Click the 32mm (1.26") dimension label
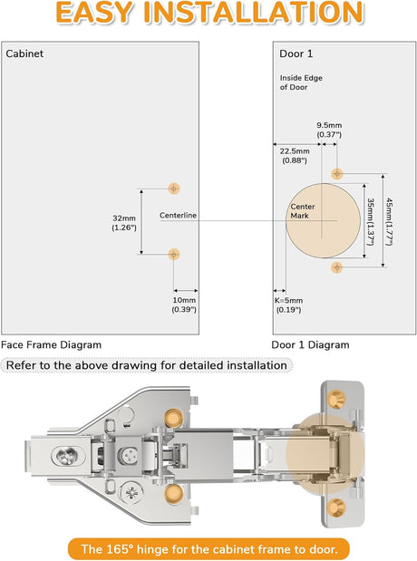pyautogui.click(x=124, y=223)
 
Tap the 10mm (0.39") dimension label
pyautogui.click(x=184, y=305)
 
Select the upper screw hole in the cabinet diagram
pyautogui.click(x=174, y=189)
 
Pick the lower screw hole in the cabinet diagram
pyautogui.click(x=174, y=254)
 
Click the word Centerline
pyautogui.click(x=178, y=216)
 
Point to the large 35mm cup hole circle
pyautogui.click(x=323, y=220)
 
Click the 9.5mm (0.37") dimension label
pyautogui.click(x=329, y=130)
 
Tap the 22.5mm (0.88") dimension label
pyautogui.click(x=295, y=156)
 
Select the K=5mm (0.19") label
pyautogui.click(x=288, y=305)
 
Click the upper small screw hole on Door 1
pyautogui.click(x=337, y=173)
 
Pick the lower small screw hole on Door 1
pyautogui.click(x=337, y=266)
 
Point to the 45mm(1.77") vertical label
pyautogui.click(x=389, y=222)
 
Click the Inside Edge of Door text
pyautogui.click(x=301, y=82)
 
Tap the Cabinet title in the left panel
pyautogui.click(x=24, y=53)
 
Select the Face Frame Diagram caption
pyautogui.click(x=51, y=345)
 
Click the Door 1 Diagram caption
pyautogui.click(x=310, y=345)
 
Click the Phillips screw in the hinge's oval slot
pyautogui.click(x=68, y=456)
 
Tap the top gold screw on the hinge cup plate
pyautogui.click(x=336, y=399)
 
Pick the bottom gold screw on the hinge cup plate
pyautogui.click(x=336, y=507)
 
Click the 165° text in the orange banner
pyautogui.click(x=120, y=549)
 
